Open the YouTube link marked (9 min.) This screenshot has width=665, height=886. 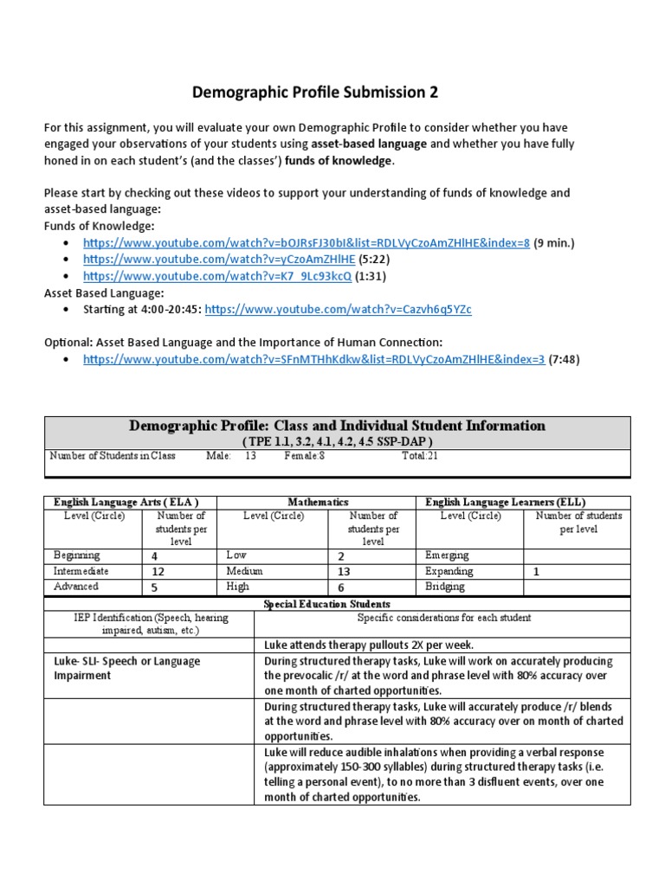(306, 242)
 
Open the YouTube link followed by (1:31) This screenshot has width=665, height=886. (217, 276)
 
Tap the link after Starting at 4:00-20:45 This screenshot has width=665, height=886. (338, 309)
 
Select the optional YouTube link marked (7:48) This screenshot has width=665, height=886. (313, 359)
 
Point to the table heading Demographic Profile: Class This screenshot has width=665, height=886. (337, 426)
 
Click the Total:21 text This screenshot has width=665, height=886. (420, 456)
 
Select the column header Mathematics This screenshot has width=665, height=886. (318, 502)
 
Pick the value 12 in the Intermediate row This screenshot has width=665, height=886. (158, 572)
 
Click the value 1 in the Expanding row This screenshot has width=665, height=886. (536, 572)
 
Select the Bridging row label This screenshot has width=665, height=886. (445, 587)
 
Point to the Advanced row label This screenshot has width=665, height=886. (76, 587)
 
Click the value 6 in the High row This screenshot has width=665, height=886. (340, 587)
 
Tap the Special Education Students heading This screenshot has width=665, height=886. (337, 604)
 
